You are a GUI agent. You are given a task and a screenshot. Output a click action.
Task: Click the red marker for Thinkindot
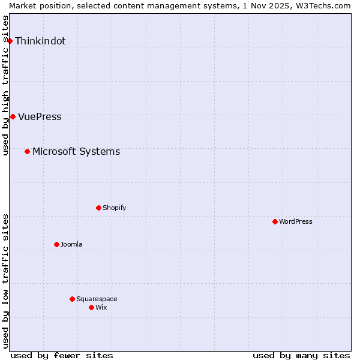(10, 41)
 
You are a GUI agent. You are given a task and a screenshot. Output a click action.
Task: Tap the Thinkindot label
(40, 41)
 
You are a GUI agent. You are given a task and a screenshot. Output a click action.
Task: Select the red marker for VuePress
(13, 116)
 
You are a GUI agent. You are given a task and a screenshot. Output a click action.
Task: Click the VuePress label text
(40, 117)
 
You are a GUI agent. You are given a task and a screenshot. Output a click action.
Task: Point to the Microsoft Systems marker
(27, 151)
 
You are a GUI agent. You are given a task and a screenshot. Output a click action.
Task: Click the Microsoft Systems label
(76, 152)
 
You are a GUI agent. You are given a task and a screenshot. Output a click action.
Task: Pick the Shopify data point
(98, 208)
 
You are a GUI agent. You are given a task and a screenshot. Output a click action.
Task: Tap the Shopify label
(114, 208)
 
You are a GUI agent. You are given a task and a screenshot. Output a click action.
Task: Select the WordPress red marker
(275, 221)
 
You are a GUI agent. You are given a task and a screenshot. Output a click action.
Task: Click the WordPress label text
(295, 222)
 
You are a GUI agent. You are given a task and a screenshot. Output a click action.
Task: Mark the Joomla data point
(56, 244)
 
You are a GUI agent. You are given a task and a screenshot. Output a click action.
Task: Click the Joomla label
(71, 245)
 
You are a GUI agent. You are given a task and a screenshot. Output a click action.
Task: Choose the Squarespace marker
(72, 299)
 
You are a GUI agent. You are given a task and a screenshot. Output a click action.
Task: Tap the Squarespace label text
(97, 299)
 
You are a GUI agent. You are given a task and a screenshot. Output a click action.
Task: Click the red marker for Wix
(91, 307)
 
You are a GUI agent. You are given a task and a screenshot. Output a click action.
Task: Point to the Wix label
(101, 308)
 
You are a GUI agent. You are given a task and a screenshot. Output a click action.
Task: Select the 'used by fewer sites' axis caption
(62, 355)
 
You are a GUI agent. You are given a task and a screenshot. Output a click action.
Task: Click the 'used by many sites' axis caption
(301, 355)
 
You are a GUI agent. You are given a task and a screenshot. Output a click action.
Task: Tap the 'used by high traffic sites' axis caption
(6, 85)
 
